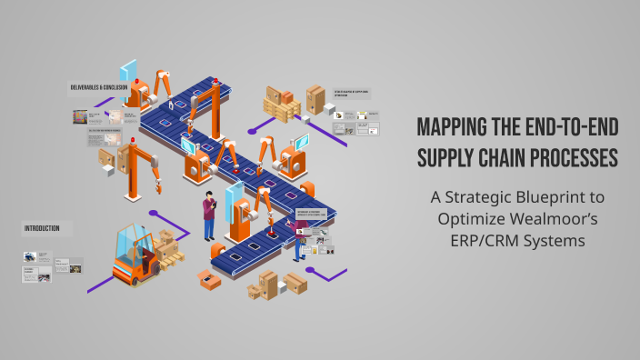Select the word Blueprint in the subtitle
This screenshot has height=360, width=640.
click(x=557, y=196)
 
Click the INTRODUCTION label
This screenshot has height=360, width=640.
click(x=43, y=228)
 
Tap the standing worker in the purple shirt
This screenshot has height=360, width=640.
click(x=209, y=216)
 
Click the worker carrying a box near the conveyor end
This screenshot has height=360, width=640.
click(x=300, y=238)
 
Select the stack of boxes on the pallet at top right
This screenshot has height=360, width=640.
click(x=283, y=105)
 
